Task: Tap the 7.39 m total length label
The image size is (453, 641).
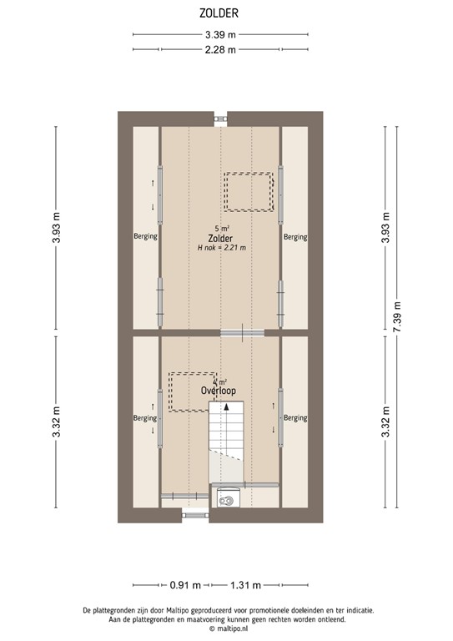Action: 397,317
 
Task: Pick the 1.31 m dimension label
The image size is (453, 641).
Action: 246,584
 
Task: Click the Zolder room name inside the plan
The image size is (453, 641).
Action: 221,238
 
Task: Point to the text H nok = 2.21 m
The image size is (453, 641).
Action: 221,248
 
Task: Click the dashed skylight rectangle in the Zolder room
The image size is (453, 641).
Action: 248,191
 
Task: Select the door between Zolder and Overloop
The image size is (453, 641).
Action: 242,332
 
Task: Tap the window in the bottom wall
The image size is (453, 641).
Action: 194,515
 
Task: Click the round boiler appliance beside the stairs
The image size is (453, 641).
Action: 227,497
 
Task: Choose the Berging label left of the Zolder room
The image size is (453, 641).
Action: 145,237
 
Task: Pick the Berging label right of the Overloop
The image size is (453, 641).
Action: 295,417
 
